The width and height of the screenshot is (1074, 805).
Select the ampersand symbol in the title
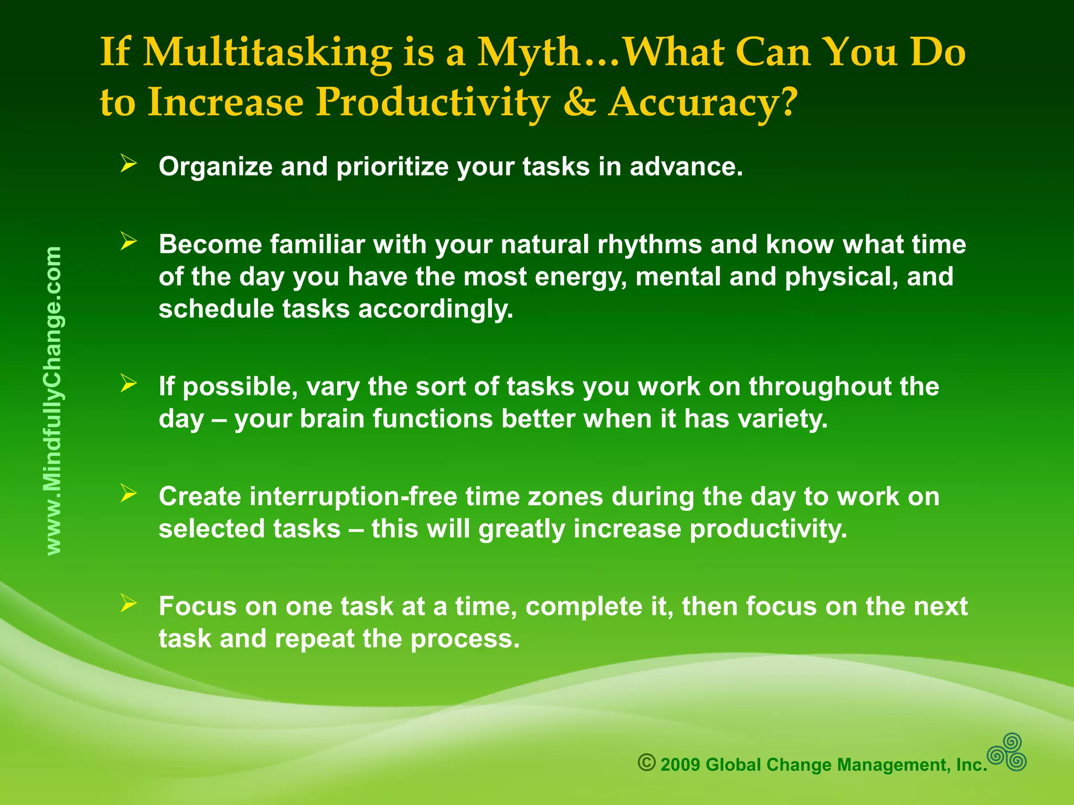pos(579,102)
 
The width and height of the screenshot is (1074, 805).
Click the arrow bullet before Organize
pos(128,164)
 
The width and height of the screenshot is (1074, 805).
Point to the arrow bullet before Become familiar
pos(128,242)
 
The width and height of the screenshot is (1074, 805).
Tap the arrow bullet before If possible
pos(128,384)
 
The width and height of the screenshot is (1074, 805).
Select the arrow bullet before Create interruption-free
pos(128,494)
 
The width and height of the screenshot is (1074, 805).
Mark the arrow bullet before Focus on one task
pos(128,604)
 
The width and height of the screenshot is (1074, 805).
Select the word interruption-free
pos(353,497)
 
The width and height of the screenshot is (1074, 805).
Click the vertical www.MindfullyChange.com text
pos(53,401)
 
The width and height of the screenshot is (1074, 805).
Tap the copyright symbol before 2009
pos(647,763)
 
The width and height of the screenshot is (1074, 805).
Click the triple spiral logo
pos(1007,752)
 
